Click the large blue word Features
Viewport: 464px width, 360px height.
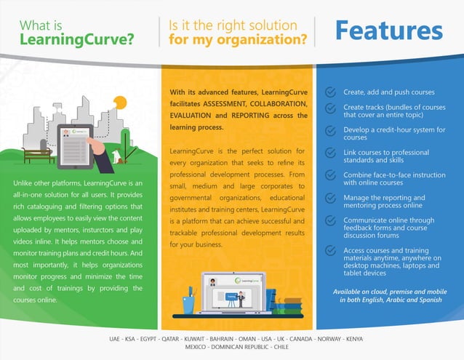(388, 31)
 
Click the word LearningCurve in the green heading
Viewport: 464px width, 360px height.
(76, 39)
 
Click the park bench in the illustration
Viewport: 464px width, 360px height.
(36, 155)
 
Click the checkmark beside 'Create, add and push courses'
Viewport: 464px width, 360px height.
(330, 92)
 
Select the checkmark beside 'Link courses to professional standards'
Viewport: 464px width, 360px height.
(330, 154)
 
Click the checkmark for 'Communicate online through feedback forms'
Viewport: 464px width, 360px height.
(330, 220)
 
